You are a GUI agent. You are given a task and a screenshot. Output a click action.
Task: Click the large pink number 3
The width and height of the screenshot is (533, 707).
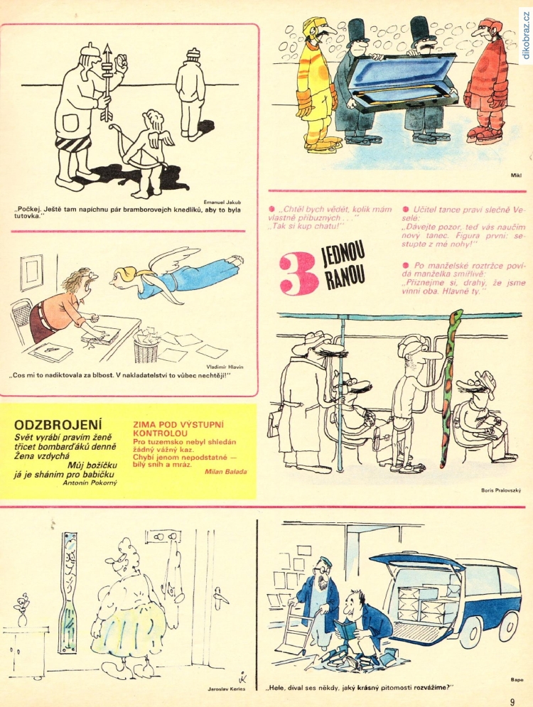[x=296, y=274]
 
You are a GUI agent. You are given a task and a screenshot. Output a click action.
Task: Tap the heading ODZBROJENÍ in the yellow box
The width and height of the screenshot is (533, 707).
[x=58, y=425]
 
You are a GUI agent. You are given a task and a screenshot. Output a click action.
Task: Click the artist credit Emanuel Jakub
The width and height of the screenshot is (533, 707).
[x=222, y=203]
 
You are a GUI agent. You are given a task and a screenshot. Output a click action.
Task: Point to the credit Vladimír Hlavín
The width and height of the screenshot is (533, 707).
[x=225, y=367]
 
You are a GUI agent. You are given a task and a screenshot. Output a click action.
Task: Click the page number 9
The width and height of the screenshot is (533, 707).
[x=512, y=701]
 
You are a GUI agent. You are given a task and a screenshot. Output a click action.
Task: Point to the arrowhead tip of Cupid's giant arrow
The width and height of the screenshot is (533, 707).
[x=107, y=44]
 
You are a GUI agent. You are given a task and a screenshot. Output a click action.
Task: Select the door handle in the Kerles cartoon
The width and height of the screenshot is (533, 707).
[x=219, y=595]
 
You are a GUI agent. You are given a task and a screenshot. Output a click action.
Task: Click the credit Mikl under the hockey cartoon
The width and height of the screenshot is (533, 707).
[x=516, y=176]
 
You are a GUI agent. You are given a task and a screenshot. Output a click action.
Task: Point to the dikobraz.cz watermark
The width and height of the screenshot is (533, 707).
[x=526, y=36]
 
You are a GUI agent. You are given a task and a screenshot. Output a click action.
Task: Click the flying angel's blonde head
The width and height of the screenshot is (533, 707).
[x=123, y=276]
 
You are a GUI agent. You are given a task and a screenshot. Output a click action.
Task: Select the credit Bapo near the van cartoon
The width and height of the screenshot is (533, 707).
[x=517, y=681]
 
